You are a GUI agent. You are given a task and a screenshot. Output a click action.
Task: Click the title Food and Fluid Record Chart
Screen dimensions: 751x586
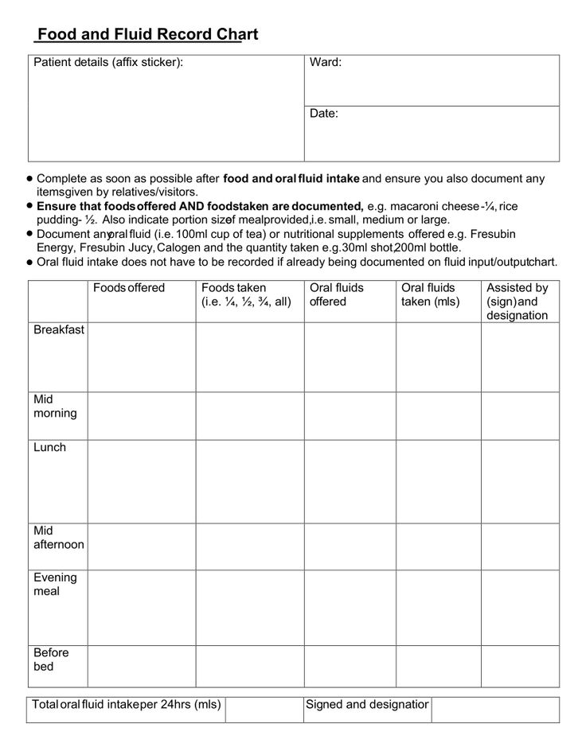147,35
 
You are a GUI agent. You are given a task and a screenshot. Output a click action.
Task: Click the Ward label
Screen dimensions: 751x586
326,62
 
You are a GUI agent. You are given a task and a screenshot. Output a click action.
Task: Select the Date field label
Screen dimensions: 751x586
324,114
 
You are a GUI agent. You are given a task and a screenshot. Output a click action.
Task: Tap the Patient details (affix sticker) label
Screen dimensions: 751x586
108,62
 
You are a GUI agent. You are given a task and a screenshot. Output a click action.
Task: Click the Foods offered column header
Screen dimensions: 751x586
129,288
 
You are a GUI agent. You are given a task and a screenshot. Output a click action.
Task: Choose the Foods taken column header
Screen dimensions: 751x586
246,294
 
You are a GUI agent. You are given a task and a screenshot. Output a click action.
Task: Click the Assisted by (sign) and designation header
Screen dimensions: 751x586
518,301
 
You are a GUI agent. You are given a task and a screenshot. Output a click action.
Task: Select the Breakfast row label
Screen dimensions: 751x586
59,330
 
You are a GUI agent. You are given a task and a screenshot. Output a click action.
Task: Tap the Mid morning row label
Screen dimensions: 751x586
55,406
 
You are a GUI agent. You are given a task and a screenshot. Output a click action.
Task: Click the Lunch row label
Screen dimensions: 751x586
49,447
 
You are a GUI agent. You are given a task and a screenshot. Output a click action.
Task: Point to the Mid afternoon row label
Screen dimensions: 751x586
58,537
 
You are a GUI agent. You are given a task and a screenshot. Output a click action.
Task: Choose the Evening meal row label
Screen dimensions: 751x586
55,585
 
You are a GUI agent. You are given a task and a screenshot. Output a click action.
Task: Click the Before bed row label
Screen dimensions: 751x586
51,660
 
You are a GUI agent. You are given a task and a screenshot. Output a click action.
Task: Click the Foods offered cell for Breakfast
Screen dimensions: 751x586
142,357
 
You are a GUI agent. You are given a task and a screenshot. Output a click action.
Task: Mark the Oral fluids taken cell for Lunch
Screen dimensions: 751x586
438,481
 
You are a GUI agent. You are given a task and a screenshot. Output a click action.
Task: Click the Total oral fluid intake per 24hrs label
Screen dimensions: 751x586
126,704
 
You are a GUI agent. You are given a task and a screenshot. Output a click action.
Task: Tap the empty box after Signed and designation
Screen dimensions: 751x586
495,710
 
